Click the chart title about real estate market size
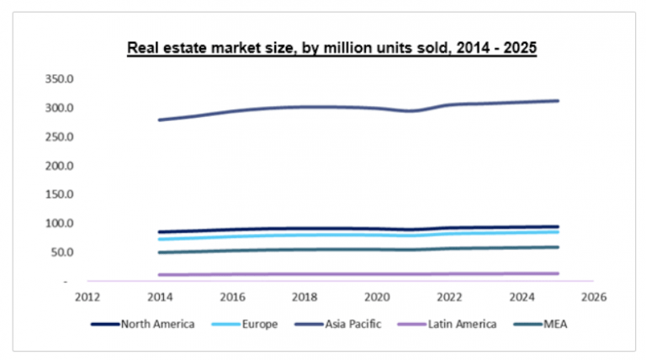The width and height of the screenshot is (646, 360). [331, 48]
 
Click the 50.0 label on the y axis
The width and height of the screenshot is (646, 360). [61, 252]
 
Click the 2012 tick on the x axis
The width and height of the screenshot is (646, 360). [88, 296]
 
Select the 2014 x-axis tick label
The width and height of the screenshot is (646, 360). [160, 296]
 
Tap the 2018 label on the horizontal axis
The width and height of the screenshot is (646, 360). [304, 296]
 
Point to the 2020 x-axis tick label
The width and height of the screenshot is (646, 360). [377, 296]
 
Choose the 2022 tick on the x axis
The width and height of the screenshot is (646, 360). [449, 296]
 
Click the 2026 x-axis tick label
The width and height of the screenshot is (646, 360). [594, 296]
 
